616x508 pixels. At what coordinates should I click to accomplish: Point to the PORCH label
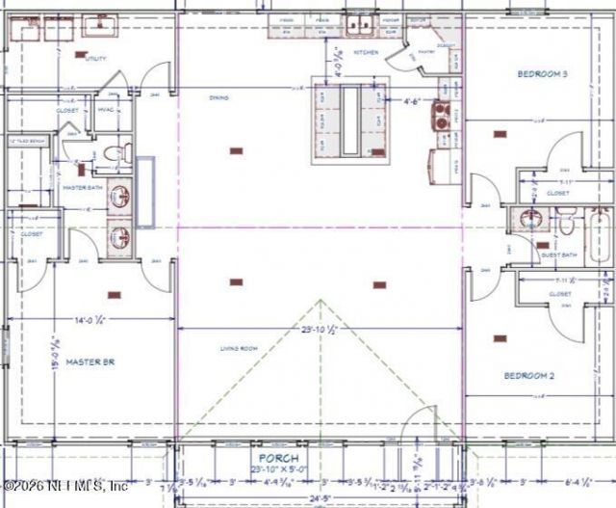(x=275, y=458)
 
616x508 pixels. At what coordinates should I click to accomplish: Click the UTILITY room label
(x=95, y=59)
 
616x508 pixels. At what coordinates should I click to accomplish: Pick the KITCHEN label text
(x=366, y=52)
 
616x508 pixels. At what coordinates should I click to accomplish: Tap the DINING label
(x=218, y=97)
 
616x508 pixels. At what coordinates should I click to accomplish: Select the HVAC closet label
(x=106, y=110)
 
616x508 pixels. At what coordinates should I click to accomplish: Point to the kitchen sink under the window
(x=360, y=24)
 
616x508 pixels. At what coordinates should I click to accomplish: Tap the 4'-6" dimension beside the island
(x=413, y=97)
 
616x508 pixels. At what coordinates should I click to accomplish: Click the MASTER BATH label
(x=83, y=187)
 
